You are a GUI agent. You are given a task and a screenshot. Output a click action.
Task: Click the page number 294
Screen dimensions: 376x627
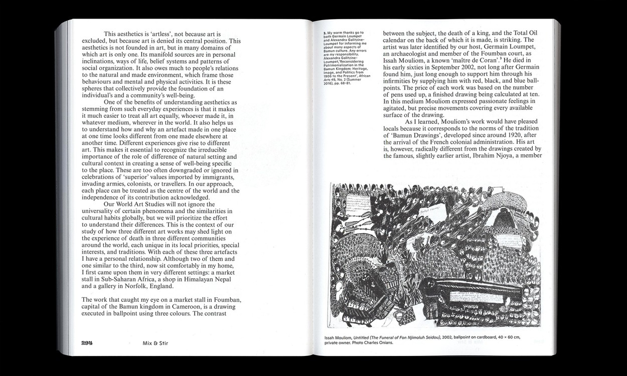88,342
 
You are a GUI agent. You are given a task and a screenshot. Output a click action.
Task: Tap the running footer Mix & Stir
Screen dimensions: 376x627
152,342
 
